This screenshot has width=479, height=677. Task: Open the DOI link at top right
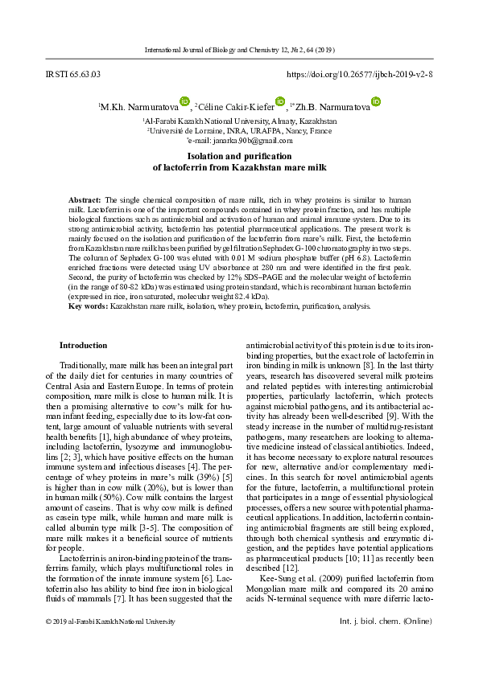[x=360, y=74]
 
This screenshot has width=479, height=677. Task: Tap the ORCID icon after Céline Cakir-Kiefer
[x=279, y=101]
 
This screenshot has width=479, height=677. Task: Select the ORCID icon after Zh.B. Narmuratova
[x=375, y=101]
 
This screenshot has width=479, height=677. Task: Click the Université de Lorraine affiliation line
[x=239, y=129]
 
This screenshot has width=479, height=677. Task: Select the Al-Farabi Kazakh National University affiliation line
[x=239, y=121]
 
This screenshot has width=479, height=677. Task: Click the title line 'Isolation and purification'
[x=239, y=155]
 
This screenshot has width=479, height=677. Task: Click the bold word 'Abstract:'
[x=85, y=198]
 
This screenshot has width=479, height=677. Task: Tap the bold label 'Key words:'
[x=88, y=306]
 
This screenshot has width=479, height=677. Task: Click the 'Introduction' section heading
[x=83, y=345]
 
